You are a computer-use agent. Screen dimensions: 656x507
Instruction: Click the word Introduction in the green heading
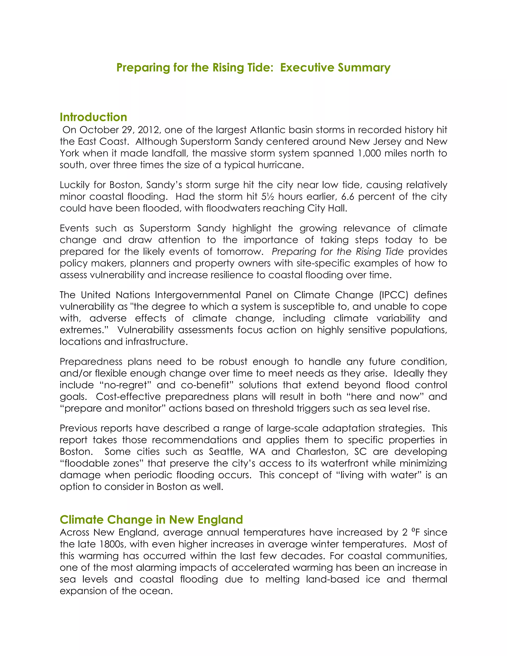tap(93, 117)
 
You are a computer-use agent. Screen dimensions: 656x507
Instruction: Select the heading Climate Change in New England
tap(151, 520)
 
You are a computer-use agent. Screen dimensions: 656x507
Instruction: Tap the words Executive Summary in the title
tap(335, 68)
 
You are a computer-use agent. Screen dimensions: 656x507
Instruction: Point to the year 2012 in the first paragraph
tap(149, 130)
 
